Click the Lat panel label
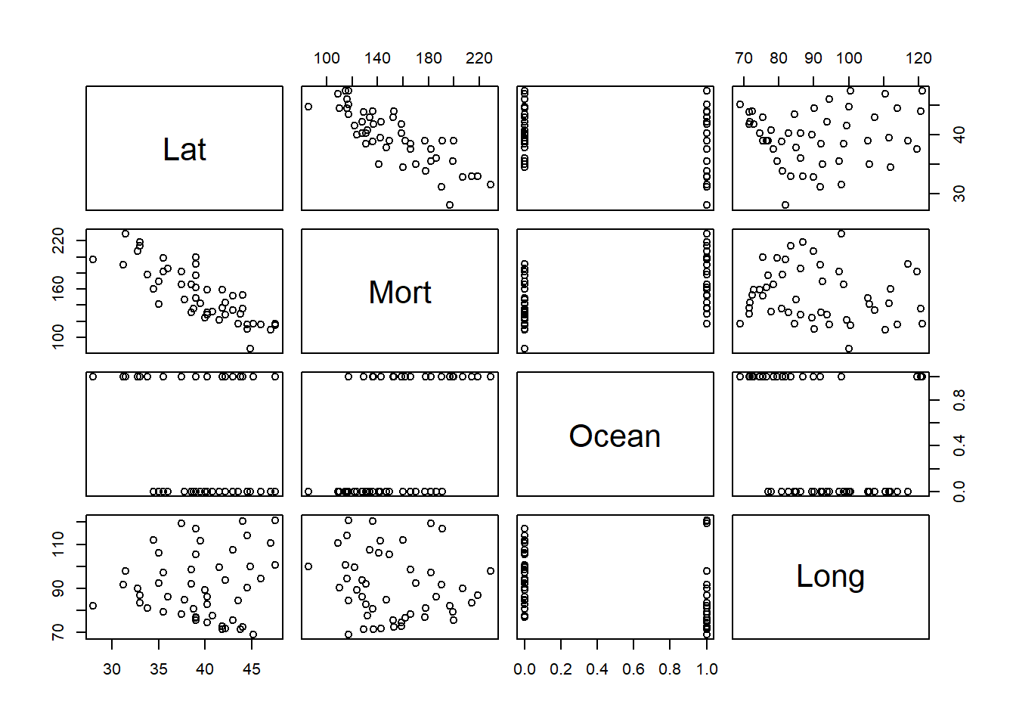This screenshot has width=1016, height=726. (184, 149)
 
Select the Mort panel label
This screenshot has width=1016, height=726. (400, 292)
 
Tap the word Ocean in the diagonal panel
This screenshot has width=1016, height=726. (615, 436)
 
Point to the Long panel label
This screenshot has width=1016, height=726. (830, 576)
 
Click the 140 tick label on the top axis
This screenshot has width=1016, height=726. (377, 58)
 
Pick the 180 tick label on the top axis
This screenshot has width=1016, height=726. (429, 58)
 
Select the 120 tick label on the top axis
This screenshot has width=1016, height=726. (918, 58)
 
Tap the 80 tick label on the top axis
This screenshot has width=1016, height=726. (779, 58)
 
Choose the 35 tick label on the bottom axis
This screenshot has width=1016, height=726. (159, 669)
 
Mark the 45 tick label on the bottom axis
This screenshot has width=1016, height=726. (252, 669)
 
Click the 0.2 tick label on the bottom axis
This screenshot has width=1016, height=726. (561, 669)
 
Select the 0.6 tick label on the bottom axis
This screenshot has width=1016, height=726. (633, 669)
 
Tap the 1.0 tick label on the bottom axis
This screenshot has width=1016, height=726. (707, 669)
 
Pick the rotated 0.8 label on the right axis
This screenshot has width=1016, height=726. (959, 399)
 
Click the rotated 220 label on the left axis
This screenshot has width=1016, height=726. (58, 242)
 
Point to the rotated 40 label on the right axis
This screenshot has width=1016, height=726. (959, 135)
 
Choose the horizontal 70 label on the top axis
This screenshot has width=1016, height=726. (744, 58)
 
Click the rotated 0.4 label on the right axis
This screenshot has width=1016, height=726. (959, 445)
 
